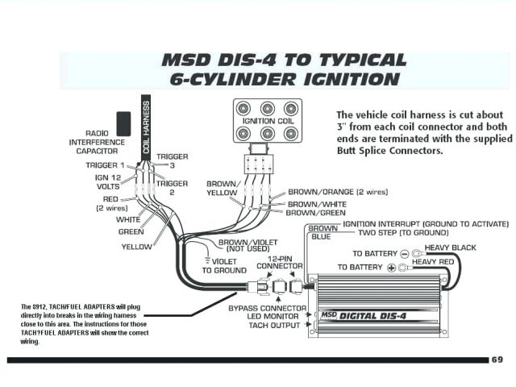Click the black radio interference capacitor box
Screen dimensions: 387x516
click(124, 123)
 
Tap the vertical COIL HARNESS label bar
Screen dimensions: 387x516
click(146, 126)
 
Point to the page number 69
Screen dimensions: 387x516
click(497, 359)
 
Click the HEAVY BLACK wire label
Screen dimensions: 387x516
click(450, 248)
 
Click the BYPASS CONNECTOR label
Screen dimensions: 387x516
click(267, 308)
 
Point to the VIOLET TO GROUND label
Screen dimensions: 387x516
click(223, 266)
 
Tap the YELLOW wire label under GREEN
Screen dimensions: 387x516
click(136, 247)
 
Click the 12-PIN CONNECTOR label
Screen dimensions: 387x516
click(279, 261)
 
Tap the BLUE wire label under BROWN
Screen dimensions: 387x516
click(320, 237)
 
